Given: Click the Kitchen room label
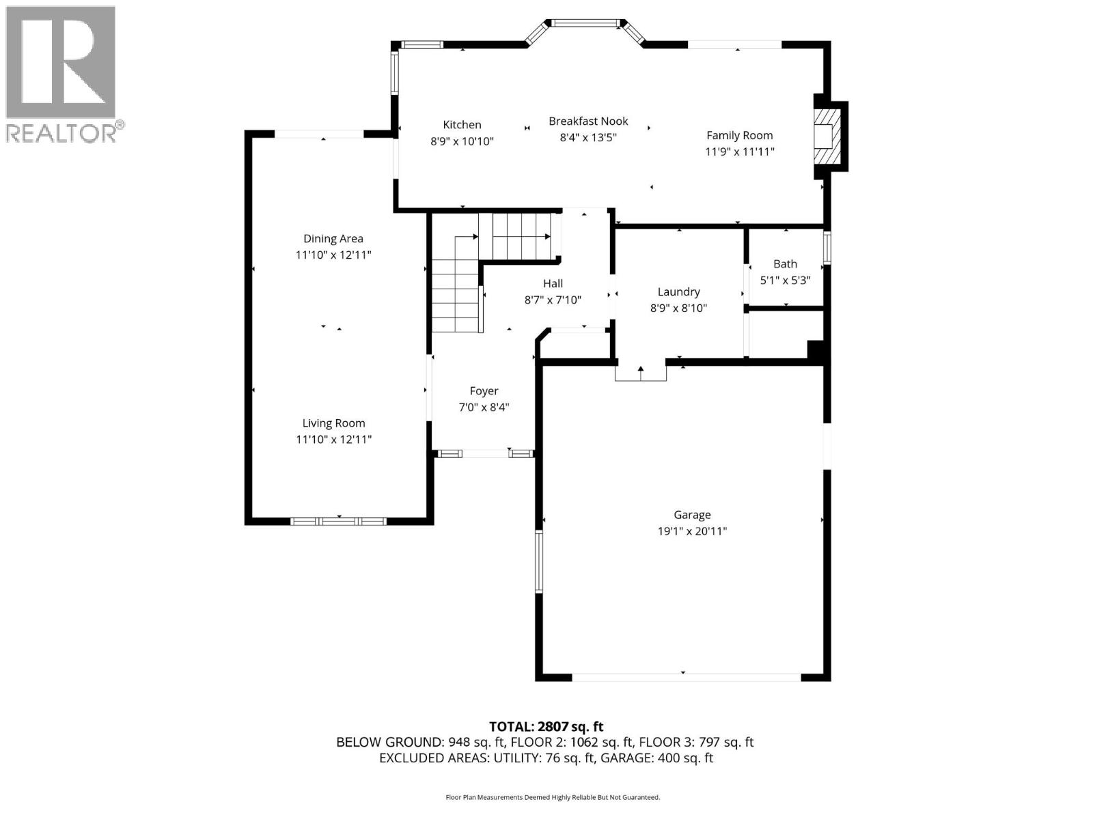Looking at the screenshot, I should [x=462, y=125].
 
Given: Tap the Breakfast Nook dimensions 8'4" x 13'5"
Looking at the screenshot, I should [x=588, y=137].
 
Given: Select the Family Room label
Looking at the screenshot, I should [x=739, y=136].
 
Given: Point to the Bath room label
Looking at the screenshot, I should [x=785, y=264].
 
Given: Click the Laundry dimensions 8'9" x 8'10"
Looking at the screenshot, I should [x=678, y=308].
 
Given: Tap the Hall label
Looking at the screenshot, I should [x=553, y=283].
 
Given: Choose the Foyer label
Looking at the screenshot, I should [x=484, y=391].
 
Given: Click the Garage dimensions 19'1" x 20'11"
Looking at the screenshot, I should [x=692, y=531].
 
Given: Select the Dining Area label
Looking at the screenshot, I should [x=333, y=239].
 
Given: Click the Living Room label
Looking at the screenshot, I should [x=333, y=423].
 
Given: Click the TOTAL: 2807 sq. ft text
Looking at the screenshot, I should [x=546, y=727].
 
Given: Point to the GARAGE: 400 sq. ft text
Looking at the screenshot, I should [x=656, y=758].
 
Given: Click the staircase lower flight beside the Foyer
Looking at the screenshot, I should [x=456, y=300].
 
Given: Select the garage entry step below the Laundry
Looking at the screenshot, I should [x=640, y=373].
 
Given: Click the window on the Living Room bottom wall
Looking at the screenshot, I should [x=338, y=521].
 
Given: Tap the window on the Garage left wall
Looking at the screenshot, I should [x=538, y=561].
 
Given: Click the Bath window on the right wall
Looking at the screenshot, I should [x=827, y=248].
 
